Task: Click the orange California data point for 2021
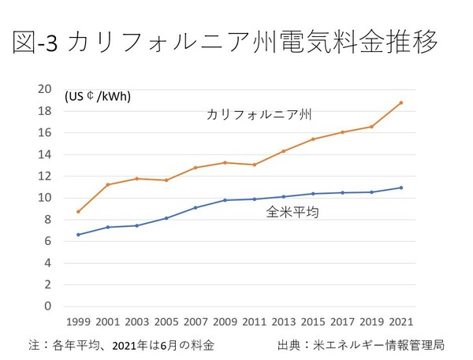point(401,102)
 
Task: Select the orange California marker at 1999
point(77,211)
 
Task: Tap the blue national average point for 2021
point(401,187)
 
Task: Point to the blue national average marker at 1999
point(77,235)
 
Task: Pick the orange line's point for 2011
point(254,165)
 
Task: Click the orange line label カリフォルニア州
point(259,115)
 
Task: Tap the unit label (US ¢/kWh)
point(98,97)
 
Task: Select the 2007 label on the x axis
point(195,322)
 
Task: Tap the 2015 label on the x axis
point(313,322)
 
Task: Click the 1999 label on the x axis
point(77,322)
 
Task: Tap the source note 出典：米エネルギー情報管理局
point(361,345)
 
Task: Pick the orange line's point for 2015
point(313,139)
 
